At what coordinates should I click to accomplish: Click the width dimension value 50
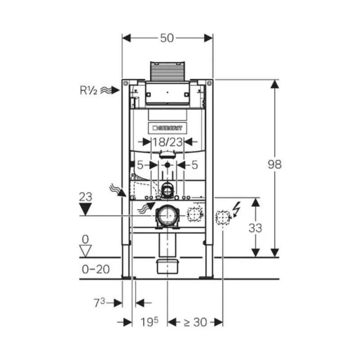click(x=167, y=38)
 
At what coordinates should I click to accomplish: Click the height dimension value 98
click(x=274, y=164)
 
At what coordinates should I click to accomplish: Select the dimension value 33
click(x=255, y=228)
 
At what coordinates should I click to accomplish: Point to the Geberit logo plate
click(x=167, y=128)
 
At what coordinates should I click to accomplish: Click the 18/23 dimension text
click(x=167, y=142)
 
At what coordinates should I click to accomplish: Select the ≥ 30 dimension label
click(x=195, y=322)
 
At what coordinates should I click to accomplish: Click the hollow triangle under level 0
click(x=85, y=250)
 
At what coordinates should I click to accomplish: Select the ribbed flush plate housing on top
click(x=167, y=71)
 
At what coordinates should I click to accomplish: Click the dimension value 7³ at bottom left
click(x=100, y=302)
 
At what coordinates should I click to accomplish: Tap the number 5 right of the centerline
click(x=194, y=165)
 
